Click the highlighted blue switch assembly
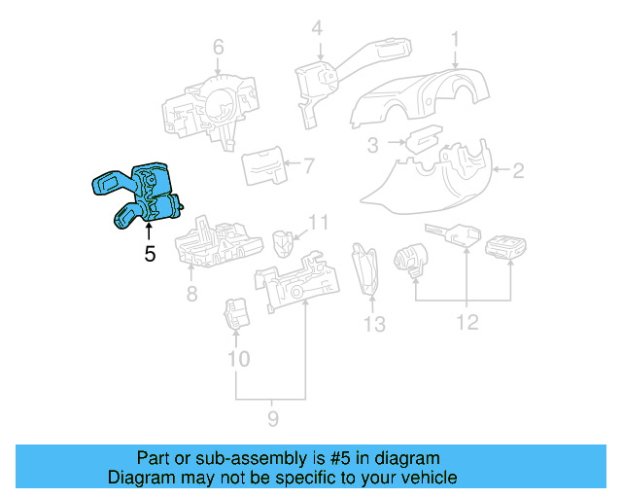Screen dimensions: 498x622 click(141, 195)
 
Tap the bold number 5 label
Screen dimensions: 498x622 click(149, 255)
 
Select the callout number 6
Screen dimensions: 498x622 click(218, 47)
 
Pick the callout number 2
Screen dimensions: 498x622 click(518, 172)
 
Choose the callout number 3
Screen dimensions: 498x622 click(372, 146)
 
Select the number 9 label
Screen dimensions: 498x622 click(273, 419)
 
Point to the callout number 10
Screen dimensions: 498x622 click(238, 359)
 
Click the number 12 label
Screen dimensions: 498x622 click(467, 322)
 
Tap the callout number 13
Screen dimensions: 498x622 click(374, 323)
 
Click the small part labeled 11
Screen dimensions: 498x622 click(284, 239)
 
